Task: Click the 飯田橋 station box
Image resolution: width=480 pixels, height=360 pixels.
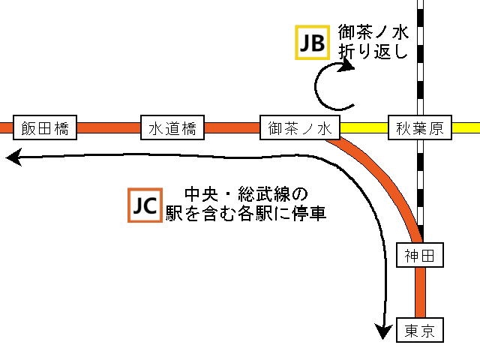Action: tap(45, 128)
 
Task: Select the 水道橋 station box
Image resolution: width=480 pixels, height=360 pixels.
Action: tap(172, 128)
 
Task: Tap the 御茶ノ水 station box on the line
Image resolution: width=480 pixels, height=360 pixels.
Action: tap(299, 128)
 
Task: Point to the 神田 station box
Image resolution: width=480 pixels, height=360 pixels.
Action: tap(419, 256)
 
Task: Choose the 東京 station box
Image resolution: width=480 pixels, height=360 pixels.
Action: tap(419, 330)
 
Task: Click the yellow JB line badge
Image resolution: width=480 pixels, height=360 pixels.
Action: tap(312, 44)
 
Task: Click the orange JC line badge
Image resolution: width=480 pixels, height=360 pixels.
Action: tap(145, 205)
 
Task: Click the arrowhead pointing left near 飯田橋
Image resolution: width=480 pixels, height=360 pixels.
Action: tap(13, 157)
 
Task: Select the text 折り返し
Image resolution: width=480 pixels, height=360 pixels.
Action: tap(373, 52)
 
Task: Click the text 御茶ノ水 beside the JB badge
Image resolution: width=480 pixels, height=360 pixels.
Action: tap(373, 32)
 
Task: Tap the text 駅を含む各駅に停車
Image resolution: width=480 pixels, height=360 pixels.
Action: tap(246, 214)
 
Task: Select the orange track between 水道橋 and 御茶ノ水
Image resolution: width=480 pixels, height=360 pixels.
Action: tap(231, 128)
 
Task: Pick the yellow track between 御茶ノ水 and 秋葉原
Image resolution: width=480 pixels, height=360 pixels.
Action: tap(364, 128)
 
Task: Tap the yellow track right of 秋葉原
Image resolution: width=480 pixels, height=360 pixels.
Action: tap(464, 128)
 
